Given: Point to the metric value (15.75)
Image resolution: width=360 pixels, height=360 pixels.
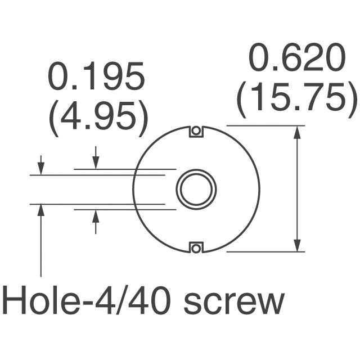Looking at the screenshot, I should (296, 99).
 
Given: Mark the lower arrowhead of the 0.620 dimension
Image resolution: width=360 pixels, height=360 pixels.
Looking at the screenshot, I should (297, 246).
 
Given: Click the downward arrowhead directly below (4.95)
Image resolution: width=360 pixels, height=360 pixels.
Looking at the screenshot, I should (96, 163).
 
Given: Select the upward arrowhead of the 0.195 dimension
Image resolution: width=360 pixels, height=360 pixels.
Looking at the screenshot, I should (96, 215).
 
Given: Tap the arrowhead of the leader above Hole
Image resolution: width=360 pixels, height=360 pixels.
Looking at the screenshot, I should (41, 209).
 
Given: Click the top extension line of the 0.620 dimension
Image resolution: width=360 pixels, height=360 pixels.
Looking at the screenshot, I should (264, 125).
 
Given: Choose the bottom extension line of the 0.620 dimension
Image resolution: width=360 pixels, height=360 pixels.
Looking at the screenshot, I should (264, 251).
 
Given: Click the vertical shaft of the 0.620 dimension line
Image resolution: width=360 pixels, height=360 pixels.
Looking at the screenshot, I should (297, 188).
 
